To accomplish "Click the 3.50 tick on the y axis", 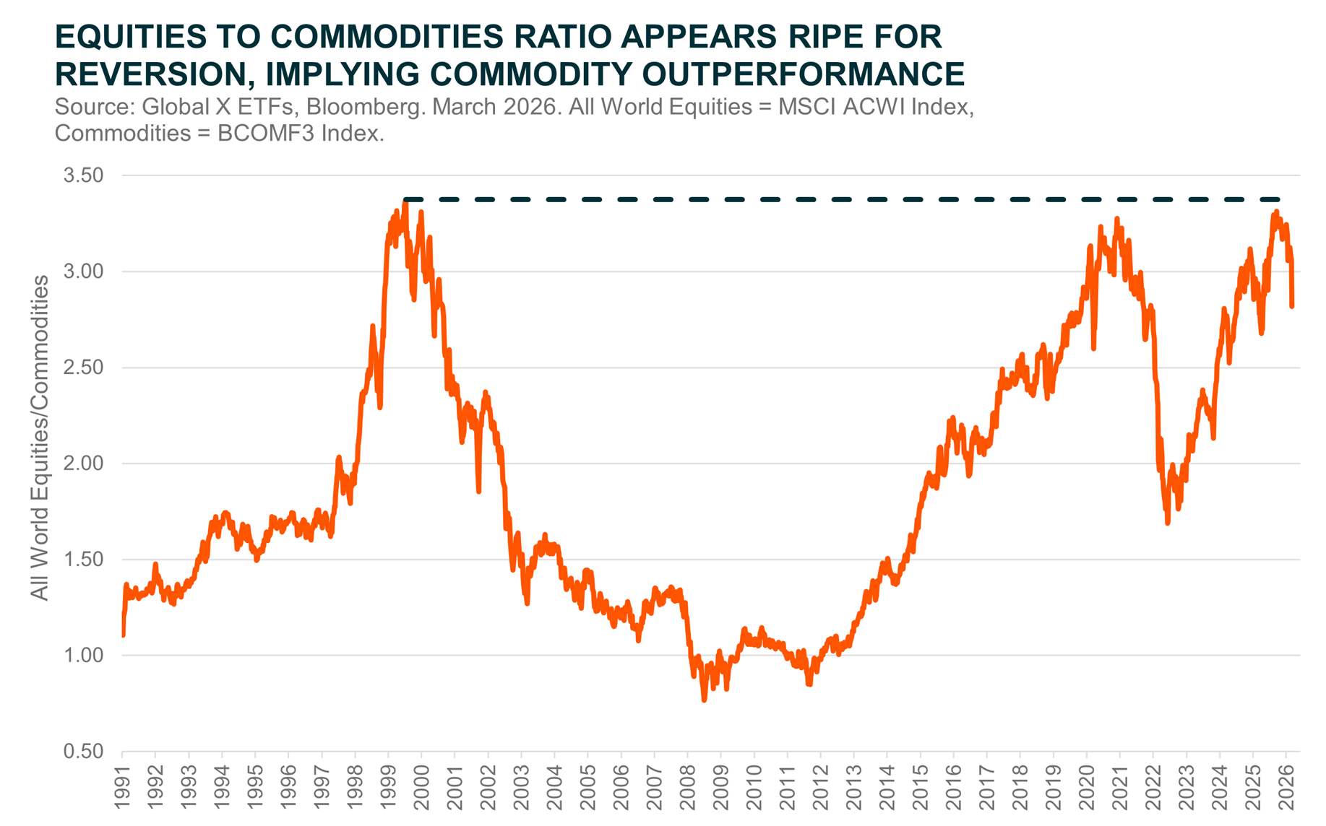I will (83, 175).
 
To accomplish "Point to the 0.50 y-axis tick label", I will (83, 752).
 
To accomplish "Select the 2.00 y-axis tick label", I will (83, 464).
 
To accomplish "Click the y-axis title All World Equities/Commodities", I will (40, 438).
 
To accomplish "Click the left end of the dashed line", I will (405, 199).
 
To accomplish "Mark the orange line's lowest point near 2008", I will (705, 700).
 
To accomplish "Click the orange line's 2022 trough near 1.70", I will (1168, 523).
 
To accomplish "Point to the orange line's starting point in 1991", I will (124, 635).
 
